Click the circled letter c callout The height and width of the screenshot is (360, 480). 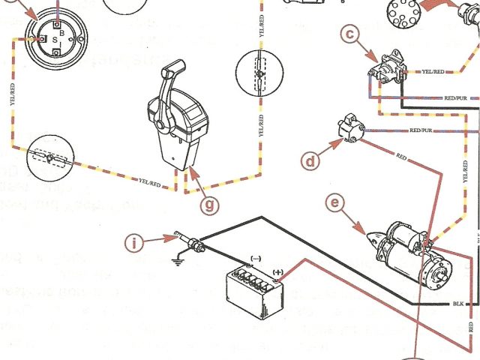pos(349,32)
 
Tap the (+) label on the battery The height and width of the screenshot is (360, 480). pos(279,271)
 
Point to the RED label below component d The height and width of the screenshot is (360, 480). pos(401,158)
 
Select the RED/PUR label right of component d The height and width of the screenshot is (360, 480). pos(421,130)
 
